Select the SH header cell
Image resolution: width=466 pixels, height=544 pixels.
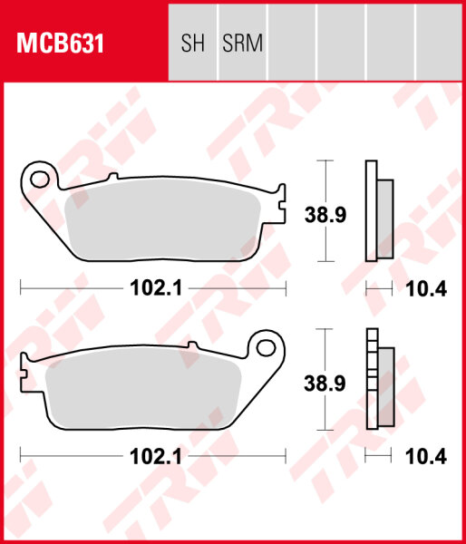193,44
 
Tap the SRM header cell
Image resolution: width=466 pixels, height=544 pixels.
242,44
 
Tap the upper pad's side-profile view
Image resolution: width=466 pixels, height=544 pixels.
378,211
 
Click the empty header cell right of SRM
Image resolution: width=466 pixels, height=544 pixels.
292,44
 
